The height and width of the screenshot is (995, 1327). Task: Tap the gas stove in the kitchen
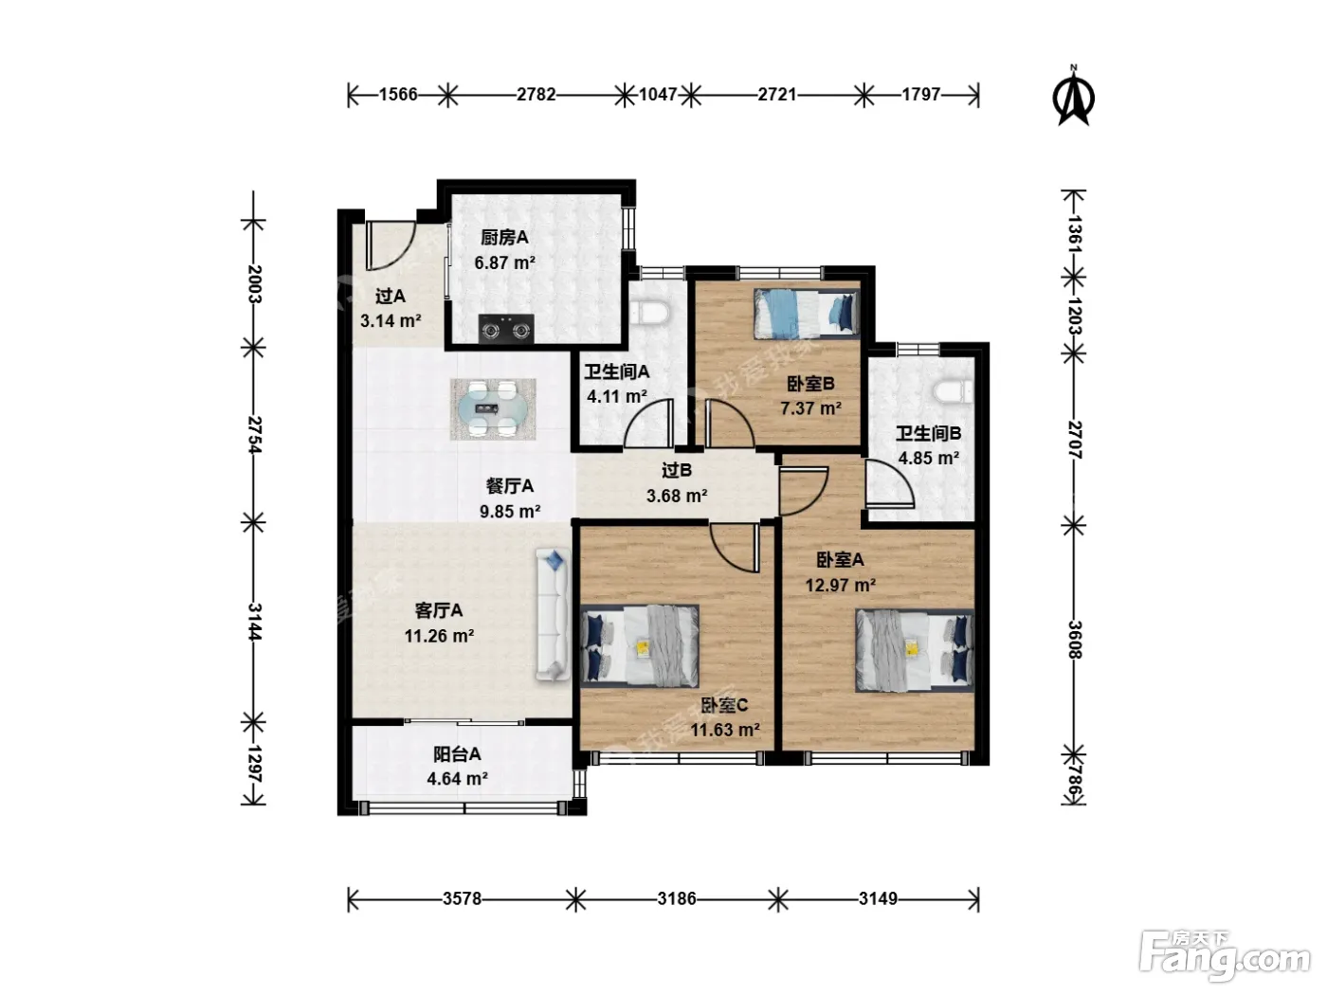tap(506, 329)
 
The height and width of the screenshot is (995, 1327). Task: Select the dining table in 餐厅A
tap(493, 409)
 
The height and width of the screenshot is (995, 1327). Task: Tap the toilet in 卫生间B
tap(954, 391)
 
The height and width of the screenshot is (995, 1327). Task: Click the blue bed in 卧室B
tap(806, 314)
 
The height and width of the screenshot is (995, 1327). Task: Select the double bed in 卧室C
tap(640, 646)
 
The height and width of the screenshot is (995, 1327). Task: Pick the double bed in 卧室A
tap(914, 651)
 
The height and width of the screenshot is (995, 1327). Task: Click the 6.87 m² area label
tap(505, 262)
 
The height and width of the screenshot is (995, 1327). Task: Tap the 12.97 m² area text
tap(841, 585)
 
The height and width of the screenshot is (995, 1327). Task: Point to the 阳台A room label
tap(457, 753)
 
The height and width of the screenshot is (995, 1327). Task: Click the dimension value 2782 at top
tap(536, 94)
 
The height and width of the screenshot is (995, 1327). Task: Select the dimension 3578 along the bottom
tap(462, 898)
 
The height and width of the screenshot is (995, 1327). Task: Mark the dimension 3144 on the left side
tap(254, 622)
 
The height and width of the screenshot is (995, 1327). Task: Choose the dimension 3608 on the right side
tap(1074, 639)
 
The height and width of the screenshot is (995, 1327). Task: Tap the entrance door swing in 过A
tap(391, 245)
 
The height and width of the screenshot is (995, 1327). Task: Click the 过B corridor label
tap(677, 470)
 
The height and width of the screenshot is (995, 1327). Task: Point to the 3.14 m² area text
tap(391, 321)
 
